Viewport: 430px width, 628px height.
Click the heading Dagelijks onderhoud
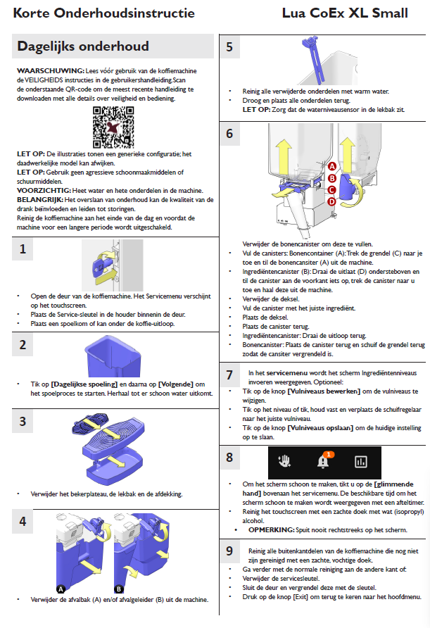tap(83, 46)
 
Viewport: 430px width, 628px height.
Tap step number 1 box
tap(23, 249)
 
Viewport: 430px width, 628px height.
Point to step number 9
tap(229, 531)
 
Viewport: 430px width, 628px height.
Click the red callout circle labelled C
tap(331, 189)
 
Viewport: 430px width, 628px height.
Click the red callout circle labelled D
tap(331, 201)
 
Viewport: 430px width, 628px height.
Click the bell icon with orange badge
tap(324, 461)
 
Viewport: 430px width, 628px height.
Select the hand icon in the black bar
tap(284, 462)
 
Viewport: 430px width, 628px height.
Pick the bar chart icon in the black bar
tap(361, 462)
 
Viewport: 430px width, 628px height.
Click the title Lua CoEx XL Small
tap(353, 13)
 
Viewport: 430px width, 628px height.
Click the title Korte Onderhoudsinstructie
tap(103, 13)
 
